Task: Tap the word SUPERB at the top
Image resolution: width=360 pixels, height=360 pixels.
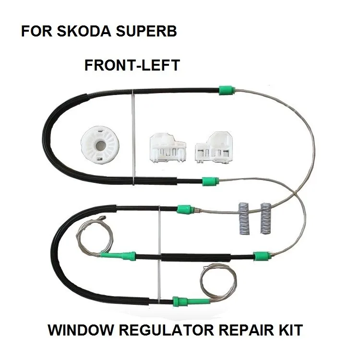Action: coord(146,33)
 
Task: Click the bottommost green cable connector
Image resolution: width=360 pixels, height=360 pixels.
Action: coord(178,301)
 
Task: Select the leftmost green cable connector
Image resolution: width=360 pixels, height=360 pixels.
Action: coord(127,255)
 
